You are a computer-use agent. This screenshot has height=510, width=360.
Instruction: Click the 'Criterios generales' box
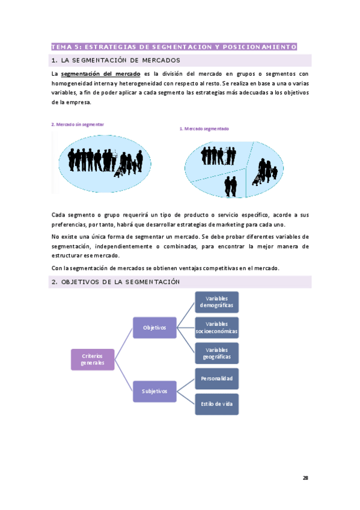(92, 359)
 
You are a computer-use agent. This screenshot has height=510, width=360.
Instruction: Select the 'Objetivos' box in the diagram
(154, 328)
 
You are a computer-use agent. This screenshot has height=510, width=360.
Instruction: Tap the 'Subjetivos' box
(154, 392)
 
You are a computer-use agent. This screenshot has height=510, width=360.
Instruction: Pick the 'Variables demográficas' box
(216, 302)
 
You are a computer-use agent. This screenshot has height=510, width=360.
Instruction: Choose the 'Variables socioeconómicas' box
(216, 328)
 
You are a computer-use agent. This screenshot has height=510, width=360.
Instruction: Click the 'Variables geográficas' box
(216, 353)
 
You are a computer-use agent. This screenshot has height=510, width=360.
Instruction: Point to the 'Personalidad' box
(216, 379)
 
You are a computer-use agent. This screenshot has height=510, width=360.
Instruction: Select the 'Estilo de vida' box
(216, 404)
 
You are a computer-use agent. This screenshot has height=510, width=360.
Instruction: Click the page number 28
(305, 478)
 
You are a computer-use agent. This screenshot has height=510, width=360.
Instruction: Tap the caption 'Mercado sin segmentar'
(79, 124)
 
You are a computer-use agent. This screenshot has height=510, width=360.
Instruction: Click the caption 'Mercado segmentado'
(206, 129)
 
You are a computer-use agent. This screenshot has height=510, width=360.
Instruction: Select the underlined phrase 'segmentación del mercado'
(101, 73)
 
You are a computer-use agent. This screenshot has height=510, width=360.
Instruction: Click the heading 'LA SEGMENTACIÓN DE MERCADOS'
(120, 60)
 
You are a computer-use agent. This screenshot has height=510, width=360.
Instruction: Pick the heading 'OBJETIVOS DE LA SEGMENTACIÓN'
(120, 282)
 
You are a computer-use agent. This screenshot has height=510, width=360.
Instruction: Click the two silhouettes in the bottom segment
(231, 185)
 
